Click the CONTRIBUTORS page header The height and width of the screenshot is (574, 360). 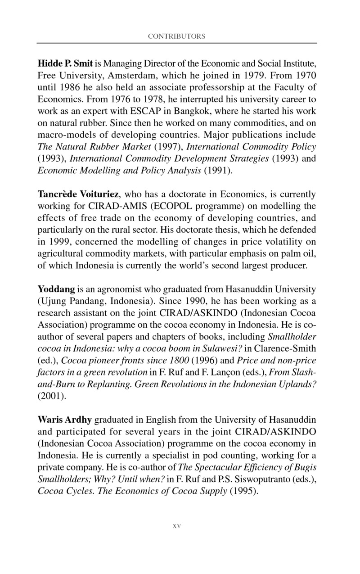[x=176, y=36]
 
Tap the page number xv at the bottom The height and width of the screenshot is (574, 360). [x=176, y=525]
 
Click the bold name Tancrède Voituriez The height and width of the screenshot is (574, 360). [x=78, y=195]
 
